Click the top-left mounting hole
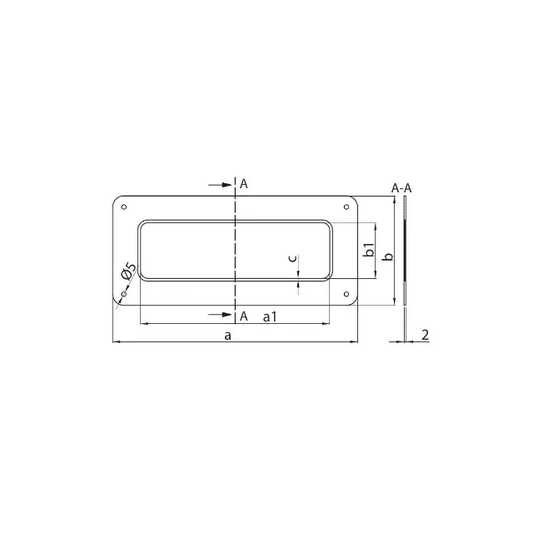coord(124,207)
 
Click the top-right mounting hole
coord(346,207)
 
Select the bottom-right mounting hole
coord(346,294)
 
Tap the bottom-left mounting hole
coord(124,294)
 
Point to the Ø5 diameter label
coord(128,271)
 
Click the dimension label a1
coord(270,316)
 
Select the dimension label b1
coord(369,250)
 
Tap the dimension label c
coord(292,258)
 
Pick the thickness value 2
coord(426,335)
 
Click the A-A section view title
coord(401,188)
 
